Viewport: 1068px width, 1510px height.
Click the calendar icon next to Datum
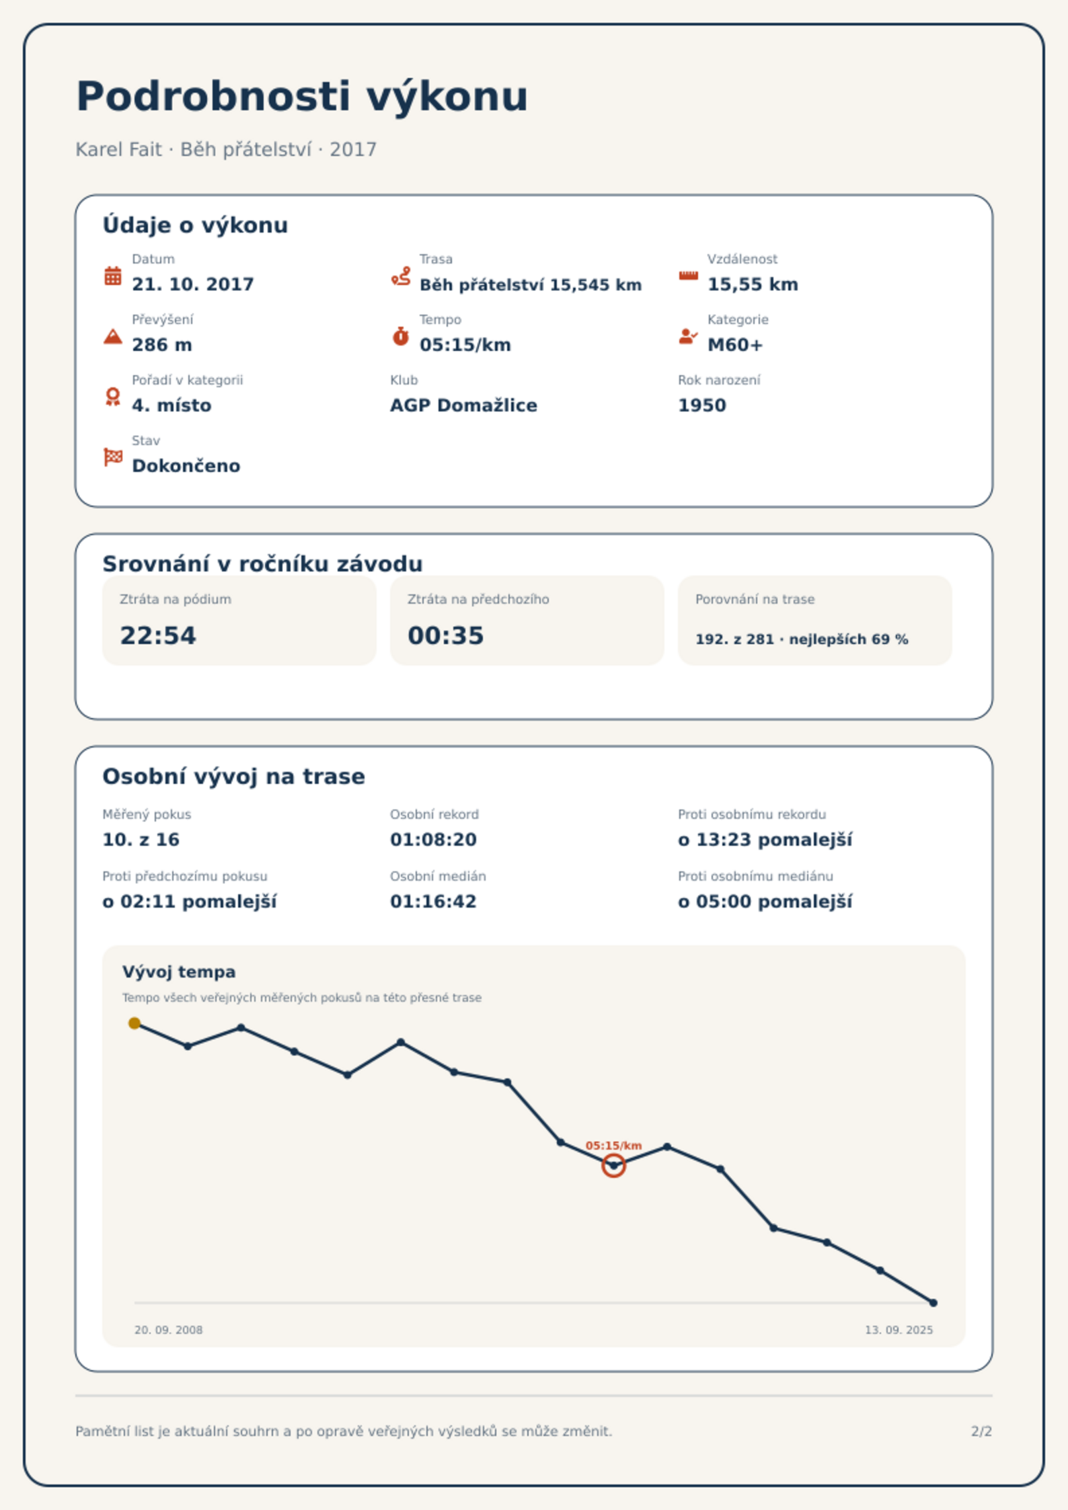click(113, 276)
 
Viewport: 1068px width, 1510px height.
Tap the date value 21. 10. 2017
click(193, 284)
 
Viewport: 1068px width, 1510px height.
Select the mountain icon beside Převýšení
click(113, 336)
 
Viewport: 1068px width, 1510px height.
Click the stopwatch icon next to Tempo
click(401, 336)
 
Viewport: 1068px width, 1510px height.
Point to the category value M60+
click(735, 345)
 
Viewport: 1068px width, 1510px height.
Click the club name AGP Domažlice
click(463, 405)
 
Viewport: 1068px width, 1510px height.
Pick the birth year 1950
click(702, 405)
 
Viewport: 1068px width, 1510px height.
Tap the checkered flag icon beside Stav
click(113, 457)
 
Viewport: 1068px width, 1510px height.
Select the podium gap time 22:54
click(158, 635)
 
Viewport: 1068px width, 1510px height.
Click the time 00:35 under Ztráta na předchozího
click(446, 635)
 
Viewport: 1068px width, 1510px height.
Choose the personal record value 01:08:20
click(433, 840)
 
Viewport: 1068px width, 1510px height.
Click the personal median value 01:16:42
click(433, 902)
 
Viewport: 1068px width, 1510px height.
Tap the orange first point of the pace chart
click(135, 1023)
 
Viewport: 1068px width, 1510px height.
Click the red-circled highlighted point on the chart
click(613, 1166)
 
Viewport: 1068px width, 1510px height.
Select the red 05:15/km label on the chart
click(613, 1146)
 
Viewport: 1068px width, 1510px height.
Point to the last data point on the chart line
click(933, 1303)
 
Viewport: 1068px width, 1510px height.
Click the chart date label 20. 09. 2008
click(168, 1330)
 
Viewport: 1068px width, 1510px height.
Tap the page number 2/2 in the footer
click(981, 1431)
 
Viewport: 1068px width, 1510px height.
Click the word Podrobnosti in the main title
click(213, 96)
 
